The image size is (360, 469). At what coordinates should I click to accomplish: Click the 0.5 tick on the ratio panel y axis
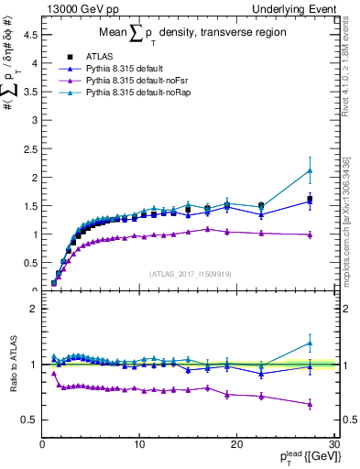(31, 420)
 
